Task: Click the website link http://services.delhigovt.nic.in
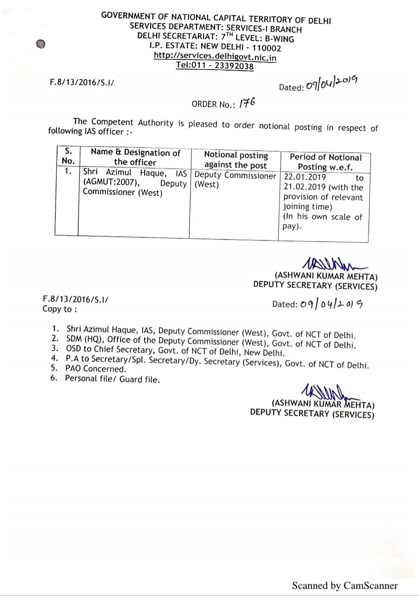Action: [x=215, y=57]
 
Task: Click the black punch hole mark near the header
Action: [x=40, y=44]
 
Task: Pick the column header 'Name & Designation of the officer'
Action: [x=135, y=157]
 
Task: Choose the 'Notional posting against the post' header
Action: [x=236, y=160]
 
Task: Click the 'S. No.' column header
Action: [x=68, y=156]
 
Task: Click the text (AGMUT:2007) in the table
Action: [x=109, y=182]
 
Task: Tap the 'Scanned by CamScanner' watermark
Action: [x=344, y=585]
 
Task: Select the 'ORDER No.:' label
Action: [x=213, y=104]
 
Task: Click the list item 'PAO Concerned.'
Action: [x=96, y=369]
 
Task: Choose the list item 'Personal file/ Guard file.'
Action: [x=112, y=379]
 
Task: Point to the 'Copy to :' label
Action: [x=60, y=309]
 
